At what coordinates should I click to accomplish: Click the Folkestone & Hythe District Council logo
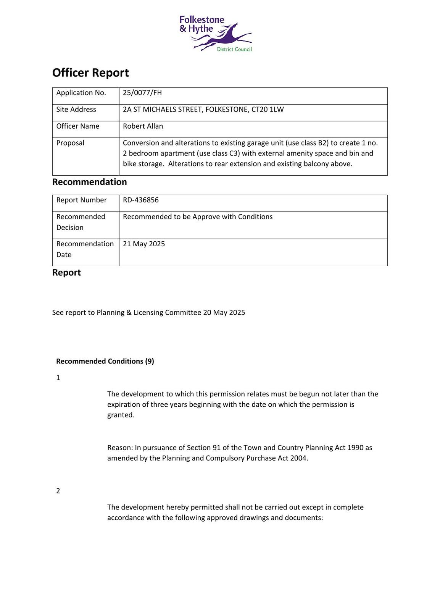coord(215,33)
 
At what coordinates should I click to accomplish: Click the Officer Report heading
coord(90,73)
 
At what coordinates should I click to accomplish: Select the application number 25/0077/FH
coord(142,93)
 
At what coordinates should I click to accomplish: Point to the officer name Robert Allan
coord(143,126)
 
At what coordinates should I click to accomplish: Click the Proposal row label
coord(70,143)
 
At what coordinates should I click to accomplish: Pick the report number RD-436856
coord(140,200)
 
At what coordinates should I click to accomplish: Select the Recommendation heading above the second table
coord(89,182)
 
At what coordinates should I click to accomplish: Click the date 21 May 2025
coord(144,244)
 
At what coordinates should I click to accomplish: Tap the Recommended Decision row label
coord(81,222)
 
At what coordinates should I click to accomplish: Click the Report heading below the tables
coord(66,273)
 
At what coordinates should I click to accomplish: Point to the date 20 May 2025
coord(224,313)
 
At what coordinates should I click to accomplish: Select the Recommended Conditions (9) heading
coord(105,361)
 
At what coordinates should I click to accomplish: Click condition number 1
coord(58,378)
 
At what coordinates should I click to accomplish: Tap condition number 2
coord(58,491)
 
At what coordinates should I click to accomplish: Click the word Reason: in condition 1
coord(120,448)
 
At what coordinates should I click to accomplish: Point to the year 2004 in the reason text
coord(298,458)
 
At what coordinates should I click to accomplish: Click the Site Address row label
coord(76,110)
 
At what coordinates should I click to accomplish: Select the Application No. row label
coord(81,93)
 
